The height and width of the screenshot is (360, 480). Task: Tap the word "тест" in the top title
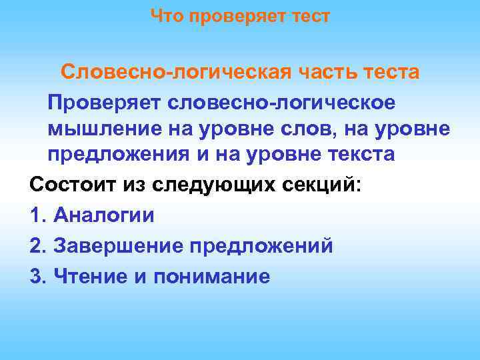[x=309, y=16]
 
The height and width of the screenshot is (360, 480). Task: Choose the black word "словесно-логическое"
[x=282, y=103]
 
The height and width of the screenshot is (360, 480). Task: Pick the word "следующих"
[x=202, y=184]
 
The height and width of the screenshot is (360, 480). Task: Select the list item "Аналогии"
[x=103, y=215]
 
